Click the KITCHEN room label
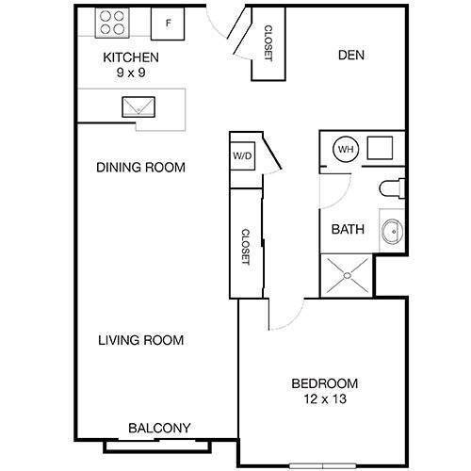pos(131,57)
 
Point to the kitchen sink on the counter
pos(138,105)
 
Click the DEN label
pos(351,55)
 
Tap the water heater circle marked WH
pos(345,149)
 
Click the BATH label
pos(347,228)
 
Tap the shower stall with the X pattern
pos(346,276)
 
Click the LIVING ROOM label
pos(140,340)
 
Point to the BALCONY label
pos(159,428)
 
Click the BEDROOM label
pos(325,383)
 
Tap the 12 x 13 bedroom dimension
pos(325,399)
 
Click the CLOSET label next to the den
pos(268,43)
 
